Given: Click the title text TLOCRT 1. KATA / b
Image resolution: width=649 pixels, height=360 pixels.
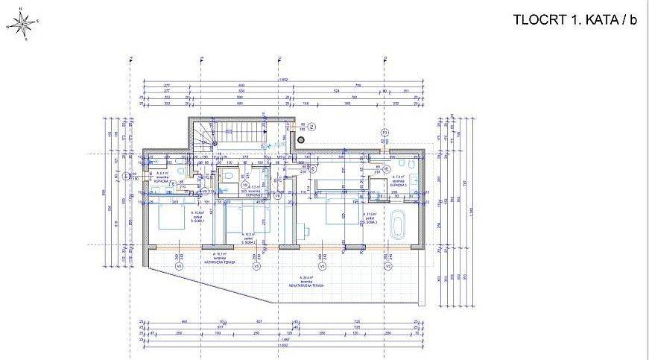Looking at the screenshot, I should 575,20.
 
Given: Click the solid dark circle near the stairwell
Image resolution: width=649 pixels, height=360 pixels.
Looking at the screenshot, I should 301,139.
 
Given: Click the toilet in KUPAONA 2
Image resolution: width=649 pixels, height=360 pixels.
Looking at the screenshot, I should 229,176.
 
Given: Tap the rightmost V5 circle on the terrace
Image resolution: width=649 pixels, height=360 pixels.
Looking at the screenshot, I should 387,264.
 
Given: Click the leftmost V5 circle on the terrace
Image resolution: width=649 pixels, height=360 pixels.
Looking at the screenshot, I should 179,264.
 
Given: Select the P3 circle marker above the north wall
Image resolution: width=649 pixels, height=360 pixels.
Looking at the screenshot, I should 384,132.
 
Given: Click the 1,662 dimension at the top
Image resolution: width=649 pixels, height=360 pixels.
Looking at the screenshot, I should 283,78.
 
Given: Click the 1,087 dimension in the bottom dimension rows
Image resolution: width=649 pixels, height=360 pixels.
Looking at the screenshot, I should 283,347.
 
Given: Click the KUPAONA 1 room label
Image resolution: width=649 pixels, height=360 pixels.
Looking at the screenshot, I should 161,180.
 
